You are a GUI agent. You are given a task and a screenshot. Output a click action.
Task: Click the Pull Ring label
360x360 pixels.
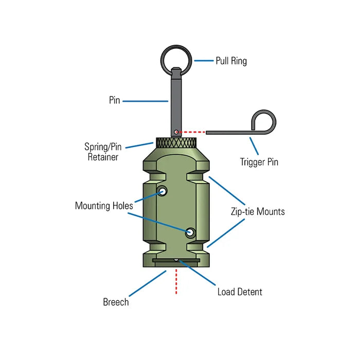click(231, 61)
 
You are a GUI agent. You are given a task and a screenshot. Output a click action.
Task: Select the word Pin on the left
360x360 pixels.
click(114, 100)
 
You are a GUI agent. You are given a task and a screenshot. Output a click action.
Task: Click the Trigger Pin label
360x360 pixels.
click(259, 162)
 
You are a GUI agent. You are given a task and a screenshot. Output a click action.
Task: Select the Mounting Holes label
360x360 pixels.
click(104, 206)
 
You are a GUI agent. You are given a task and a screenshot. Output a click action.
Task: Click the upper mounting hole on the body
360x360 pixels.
click(163, 192)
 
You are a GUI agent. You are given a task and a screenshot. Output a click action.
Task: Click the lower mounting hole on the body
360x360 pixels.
click(190, 232)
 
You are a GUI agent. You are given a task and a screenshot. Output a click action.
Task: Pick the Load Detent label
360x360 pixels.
click(240, 292)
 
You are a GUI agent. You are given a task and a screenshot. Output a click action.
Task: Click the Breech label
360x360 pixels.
click(116, 302)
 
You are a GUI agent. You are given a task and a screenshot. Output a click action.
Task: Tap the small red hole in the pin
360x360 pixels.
click(176, 132)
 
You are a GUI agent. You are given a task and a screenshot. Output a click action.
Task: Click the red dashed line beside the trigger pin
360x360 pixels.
click(192, 132)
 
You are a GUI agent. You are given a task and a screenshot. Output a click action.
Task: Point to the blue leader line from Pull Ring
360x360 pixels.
click(204, 61)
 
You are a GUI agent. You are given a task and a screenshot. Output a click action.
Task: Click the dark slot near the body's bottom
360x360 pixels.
click(176, 261)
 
